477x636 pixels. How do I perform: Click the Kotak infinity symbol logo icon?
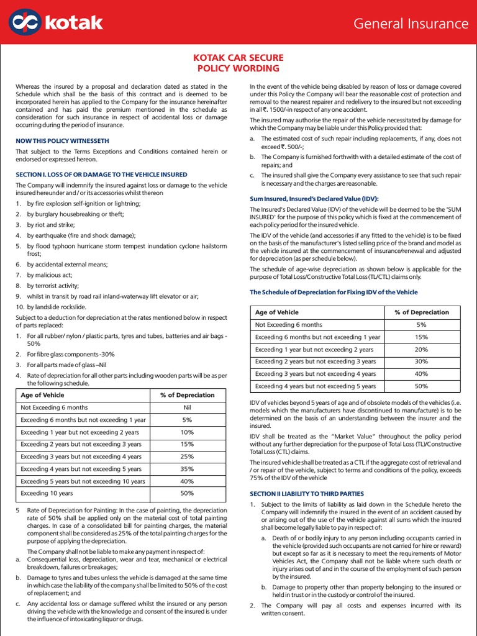[x=24, y=23]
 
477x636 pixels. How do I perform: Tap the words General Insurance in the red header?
[x=411, y=24]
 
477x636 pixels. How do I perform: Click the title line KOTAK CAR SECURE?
[x=238, y=58]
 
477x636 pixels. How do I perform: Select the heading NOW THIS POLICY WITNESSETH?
[x=63, y=140]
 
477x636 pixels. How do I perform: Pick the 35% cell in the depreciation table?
[x=187, y=469]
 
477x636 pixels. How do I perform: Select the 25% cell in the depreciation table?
[x=187, y=457]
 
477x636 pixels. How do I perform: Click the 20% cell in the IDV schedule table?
[x=421, y=349]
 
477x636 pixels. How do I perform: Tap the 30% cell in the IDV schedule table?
[x=421, y=361]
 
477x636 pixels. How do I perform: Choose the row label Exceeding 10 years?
[x=47, y=493]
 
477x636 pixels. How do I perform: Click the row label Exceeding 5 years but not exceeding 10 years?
[x=83, y=481]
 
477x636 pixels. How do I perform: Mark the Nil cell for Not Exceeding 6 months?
[x=187, y=407]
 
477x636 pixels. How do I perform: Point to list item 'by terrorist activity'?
[x=53, y=286]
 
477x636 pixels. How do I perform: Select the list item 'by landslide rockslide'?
[x=57, y=307]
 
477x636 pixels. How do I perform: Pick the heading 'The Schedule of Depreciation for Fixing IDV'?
[x=334, y=292]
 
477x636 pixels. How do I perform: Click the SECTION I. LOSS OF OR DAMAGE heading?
[x=101, y=175]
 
